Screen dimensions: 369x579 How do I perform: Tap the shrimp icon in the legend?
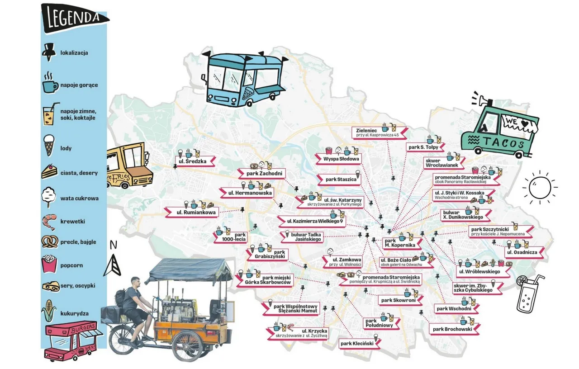pyautogui.click(x=49, y=222)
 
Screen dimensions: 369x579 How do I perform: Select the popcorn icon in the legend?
pyautogui.click(x=49, y=265)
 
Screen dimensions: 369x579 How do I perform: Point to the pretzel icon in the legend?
pyautogui.click(x=49, y=242)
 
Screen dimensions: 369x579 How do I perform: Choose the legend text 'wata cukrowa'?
pyautogui.click(x=79, y=198)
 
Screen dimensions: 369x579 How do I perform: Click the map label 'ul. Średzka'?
pyautogui.click(x=190, y=161)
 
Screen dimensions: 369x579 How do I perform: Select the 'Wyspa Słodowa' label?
pyautogui.click(x=342, y=159)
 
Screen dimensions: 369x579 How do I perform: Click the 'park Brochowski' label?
pyautogui.click(x=452, y=329)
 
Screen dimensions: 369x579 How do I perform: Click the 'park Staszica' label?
pyautogui.click(x=341, y=180)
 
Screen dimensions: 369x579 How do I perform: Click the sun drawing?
pyautogui.click(x=539, y=185)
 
